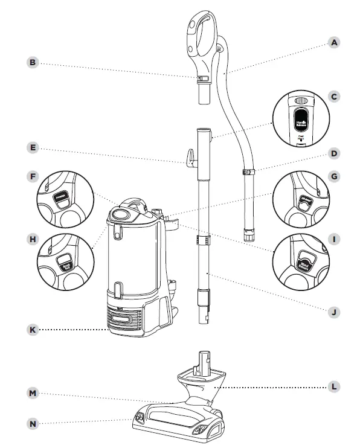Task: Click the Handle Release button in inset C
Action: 301,119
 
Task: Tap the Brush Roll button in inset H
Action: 63,261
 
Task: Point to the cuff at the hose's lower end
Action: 248,233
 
